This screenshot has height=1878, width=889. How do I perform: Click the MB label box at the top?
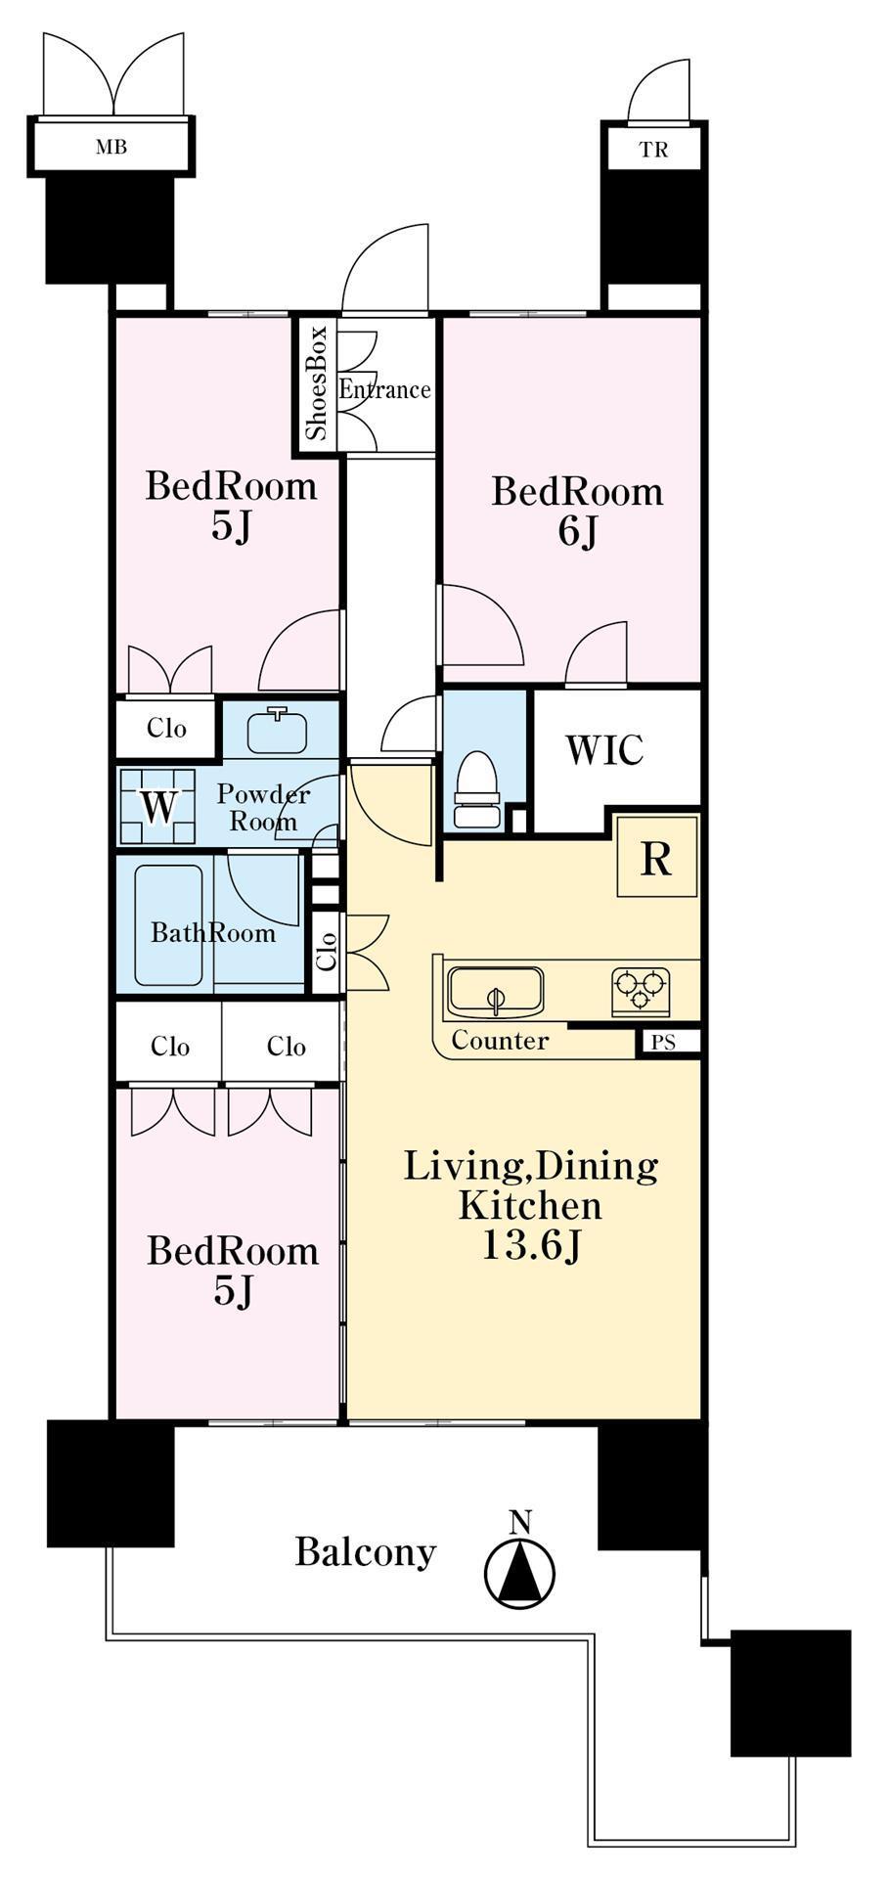pyautogui.click(x=111, y=147)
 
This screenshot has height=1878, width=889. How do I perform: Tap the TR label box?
pyautogui.click(x=653, y=150)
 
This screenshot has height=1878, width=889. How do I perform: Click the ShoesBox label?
pyautogui.click(x=316, y=383)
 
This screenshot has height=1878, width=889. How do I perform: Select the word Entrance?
pyautogui.click(x=384, y=389)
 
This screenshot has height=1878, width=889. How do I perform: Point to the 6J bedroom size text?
pyautogui.click(x=577, y=532)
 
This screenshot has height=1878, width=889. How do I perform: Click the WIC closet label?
pyautogui.click(x=604, y=750)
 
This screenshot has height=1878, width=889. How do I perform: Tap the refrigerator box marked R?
pyautogui.click(x=657, y=857)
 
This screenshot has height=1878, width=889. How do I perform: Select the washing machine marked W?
pyautogui.click(x=157, y=807)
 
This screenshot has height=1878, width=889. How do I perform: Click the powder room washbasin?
pyautogui.click(x=277, y=730)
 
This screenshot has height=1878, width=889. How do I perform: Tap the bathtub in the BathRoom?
pyautogui.click(x=169, y=925)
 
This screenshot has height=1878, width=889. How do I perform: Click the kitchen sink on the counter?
pyautogui.click(x=495, y=992)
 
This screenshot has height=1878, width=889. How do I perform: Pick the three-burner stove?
pyautogui.click(x=641, y=991)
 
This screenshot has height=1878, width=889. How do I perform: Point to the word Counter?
pyautogui.click(x=500, y=1040)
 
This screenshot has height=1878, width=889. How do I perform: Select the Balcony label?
pyautogui.click(x=366, y=1553)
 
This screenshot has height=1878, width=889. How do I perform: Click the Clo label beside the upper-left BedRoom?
pyautogui.click(x=166, y=728)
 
